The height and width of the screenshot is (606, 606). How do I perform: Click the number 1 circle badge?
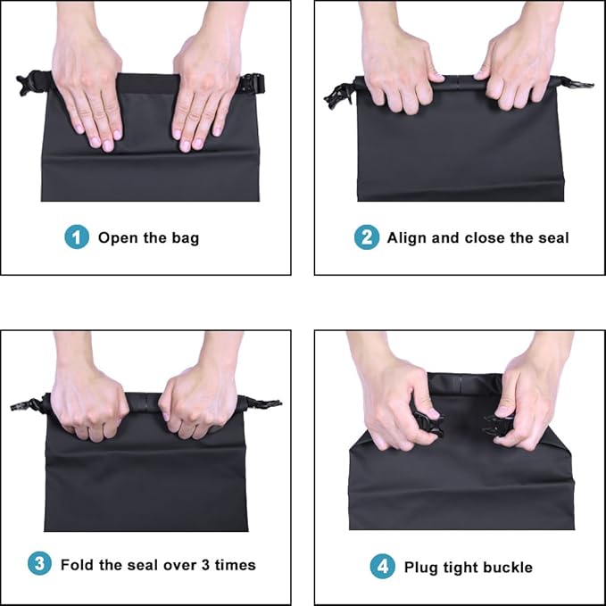click(x=77, y=237)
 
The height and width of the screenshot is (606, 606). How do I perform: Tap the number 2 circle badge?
click(x=367, y=237)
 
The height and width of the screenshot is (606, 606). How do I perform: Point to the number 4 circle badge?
click(x=382, y=567)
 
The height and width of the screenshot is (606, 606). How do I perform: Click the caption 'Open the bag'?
click(x=148, y=237)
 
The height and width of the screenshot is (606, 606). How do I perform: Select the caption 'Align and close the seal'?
click(x=477, y=237)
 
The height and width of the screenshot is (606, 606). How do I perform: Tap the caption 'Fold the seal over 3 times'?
click(x=158, y=564)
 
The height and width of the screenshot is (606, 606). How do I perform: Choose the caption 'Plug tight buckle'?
click(x=468, y=567)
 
